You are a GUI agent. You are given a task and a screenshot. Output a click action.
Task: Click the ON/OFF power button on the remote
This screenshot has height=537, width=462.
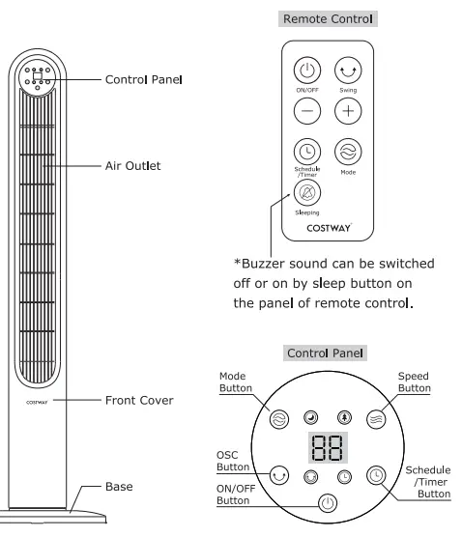[x=306, y=71]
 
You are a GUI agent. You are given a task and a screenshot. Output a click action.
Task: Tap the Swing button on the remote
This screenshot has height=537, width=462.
[x=347, y=71]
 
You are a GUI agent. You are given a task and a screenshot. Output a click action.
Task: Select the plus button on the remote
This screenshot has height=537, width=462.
[x=347, y=111]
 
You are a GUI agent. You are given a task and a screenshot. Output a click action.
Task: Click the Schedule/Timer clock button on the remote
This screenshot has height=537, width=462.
[x=306, y=152]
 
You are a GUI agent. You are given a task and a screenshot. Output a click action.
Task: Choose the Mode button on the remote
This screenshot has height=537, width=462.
[x=347, y=152]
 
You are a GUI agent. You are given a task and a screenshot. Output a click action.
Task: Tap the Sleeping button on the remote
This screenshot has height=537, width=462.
[x=306, y=191]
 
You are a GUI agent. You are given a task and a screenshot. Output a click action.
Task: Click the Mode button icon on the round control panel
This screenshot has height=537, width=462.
[x=277, y=420]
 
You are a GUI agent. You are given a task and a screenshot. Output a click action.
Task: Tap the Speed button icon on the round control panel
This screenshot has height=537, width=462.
[x=376, y=420]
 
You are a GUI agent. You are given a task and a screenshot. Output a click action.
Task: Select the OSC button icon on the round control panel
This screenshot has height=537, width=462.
[x=277, y=475]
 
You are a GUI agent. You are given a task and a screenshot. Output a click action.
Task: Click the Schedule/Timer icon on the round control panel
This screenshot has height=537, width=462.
[x=376, y=475]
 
